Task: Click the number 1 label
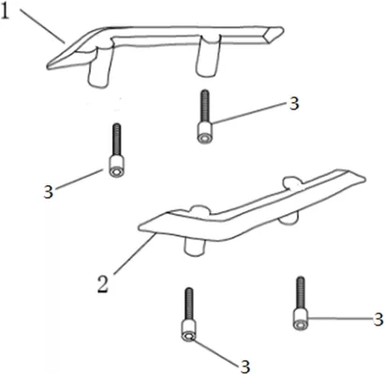coord(6,12)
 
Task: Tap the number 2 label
coord(103,284)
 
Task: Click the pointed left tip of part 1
coord(50,65)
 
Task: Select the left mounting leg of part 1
coord(99,68)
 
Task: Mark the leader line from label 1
coord(42,26)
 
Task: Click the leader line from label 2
coord(135,254)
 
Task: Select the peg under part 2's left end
coord(195,247)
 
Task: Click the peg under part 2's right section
coord(288,218)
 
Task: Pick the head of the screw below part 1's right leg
coord(204,133)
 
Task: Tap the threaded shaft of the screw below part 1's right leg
coord(205,107)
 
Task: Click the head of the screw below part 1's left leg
coord(116,166)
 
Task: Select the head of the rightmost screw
coord(301,319)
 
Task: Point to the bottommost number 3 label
coord(245,367)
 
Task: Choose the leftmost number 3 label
coord(48,192)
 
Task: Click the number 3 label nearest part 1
coord(294,103)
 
